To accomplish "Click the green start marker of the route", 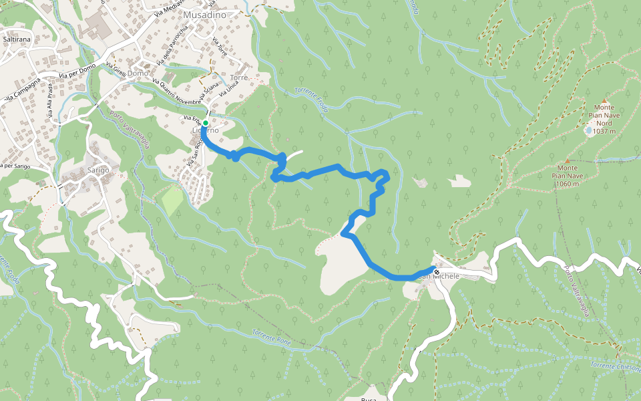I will point(206,124).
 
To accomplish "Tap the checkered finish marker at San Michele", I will point(437,272).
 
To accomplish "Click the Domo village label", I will point(138,73).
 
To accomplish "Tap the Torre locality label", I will point(238,78).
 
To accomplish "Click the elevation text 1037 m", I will point(604,132).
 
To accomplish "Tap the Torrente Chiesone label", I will point(615,367).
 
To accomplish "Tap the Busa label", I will point(369,397).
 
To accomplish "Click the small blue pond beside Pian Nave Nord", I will point(588,131).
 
